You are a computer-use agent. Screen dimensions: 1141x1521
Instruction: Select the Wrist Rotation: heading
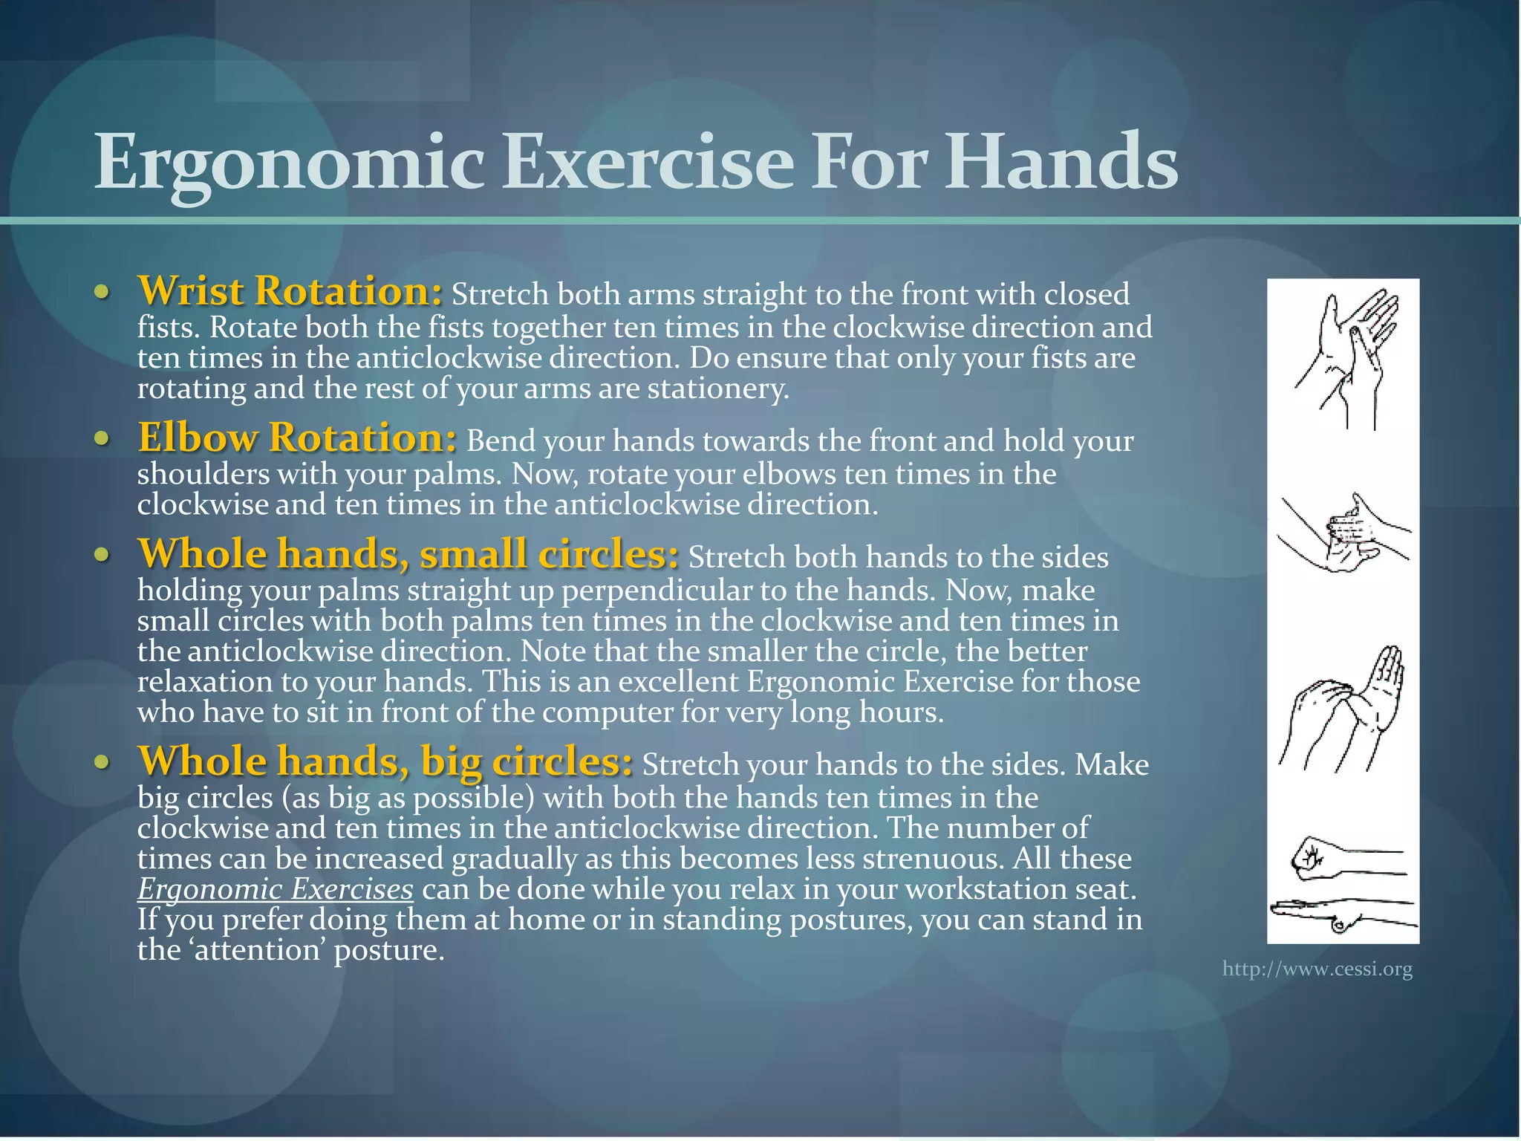click(290, 291)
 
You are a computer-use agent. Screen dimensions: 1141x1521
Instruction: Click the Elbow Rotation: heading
click(297, 438)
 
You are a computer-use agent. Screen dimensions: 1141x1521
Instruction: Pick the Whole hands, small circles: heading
click(408, 554)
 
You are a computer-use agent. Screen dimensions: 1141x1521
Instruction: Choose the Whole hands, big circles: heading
click(385, 761)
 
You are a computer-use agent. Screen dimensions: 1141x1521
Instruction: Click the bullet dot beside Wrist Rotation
click(102, 292)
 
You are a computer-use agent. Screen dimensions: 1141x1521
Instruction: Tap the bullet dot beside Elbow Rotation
click(102, 438)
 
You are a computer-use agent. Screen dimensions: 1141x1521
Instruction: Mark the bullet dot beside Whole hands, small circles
click(102, 555)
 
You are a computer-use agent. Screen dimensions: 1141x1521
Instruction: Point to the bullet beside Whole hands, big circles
click(102, 762)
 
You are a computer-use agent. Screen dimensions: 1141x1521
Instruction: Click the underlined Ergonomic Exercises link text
click(275, 889)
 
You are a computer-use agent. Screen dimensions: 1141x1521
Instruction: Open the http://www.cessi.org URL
click(1317, 969)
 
